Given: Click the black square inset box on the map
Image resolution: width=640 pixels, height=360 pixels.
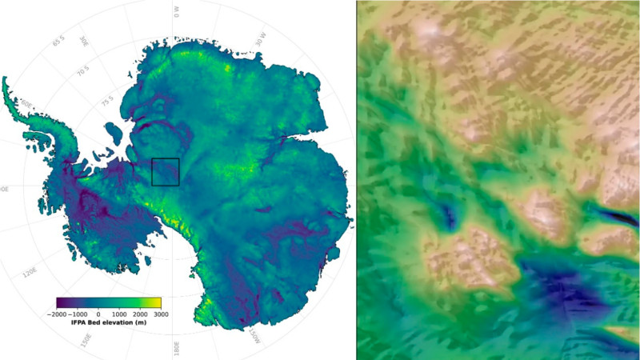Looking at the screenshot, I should point(165,172).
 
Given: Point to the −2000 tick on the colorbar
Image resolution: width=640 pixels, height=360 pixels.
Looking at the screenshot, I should point(57,314).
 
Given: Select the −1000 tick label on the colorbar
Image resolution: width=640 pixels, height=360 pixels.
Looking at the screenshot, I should point(78,314).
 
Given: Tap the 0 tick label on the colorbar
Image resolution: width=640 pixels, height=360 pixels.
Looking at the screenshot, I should point(98,314).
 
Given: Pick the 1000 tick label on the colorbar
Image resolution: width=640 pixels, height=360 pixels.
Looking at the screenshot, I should point(119,314).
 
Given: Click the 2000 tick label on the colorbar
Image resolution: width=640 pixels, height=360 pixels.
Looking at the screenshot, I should point(140,314).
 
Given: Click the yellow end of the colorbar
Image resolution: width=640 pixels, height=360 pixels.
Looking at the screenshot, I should point(158,302).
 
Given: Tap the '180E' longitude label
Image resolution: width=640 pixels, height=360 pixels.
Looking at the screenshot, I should point(176,350).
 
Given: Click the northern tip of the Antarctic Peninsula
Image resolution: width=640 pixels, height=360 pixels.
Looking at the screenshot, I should point(6,80).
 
